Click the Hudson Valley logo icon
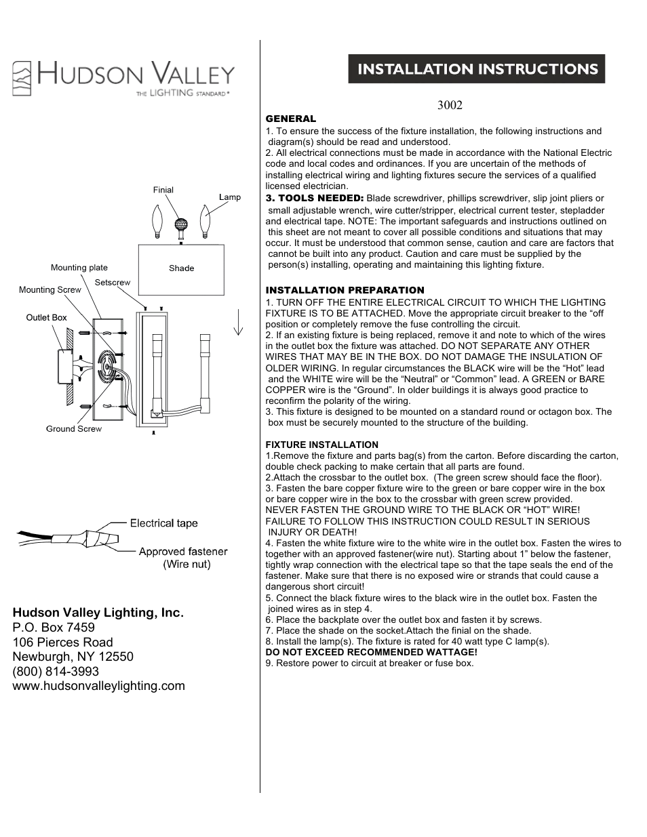click(22, 78)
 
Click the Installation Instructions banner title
click(477, 69)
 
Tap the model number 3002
click(450, 105)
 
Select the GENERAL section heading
click(290, 119)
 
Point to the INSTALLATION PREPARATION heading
click(345, 290)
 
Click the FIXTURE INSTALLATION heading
click(321, 445)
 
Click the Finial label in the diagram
click(163, 190)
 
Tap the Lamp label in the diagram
click(230, 197)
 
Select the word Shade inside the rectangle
click(182, 268)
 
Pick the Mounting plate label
click(79, 268)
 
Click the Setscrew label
click(113, 282)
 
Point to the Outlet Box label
click(46, 317)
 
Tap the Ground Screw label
click(74, 428)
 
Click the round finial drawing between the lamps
click(181, 224)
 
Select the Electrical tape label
click(164, 523)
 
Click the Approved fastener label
click(183, 552)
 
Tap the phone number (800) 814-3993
click(56, 671)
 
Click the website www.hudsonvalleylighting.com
click(98, 686)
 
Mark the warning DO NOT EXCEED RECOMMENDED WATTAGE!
click(371, 652)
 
